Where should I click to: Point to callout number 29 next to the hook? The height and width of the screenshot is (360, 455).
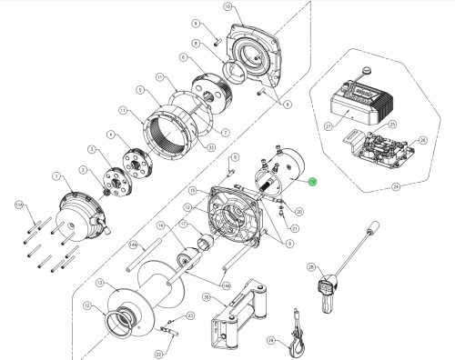tap(271, 340)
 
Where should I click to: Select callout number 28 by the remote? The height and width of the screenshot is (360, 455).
tap(310, 267)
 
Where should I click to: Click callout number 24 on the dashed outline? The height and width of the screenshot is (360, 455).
tap(396, 188)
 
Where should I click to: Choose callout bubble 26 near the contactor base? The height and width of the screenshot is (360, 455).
tap(421, 140)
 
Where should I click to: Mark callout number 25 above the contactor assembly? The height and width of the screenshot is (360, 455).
tap(392, 124)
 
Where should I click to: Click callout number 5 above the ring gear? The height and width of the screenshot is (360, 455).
tap(140, 90)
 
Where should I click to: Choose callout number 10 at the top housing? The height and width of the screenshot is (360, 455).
tap(227, 6)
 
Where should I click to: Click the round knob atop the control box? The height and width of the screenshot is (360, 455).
tap(366, 71)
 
